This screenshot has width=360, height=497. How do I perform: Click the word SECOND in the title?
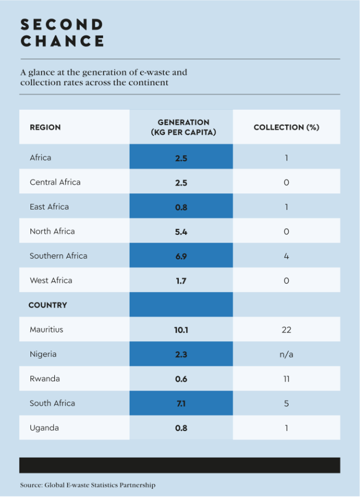[62, 24]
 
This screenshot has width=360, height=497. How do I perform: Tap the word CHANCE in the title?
[62, 41]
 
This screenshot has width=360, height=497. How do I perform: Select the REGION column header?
[45, 127]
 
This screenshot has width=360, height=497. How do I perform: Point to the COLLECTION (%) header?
[286, 127]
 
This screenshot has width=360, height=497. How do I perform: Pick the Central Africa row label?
[55, 182]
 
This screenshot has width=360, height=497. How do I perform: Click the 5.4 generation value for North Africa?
[181, 232]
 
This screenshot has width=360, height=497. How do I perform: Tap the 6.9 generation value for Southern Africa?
[181, 256]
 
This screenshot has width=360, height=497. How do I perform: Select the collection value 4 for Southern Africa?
[286, 256]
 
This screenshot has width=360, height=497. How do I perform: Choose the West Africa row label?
[51, 280]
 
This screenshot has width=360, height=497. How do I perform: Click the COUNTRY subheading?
[48, 305]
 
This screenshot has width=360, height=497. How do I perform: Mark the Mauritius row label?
[47, 330]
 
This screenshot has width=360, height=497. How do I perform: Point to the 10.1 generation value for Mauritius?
[181, 330]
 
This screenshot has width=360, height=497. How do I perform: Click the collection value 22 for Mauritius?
[286, 330]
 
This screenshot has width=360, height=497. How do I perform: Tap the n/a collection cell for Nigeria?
[286, 354]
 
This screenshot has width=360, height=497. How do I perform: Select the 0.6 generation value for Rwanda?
[181, 379]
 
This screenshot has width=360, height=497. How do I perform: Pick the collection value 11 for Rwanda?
[286, 379]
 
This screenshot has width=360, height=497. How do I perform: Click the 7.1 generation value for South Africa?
[181, 403]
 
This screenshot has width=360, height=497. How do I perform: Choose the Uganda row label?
[44, 428]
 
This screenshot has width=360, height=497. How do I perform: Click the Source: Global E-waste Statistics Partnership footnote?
[88, 485]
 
